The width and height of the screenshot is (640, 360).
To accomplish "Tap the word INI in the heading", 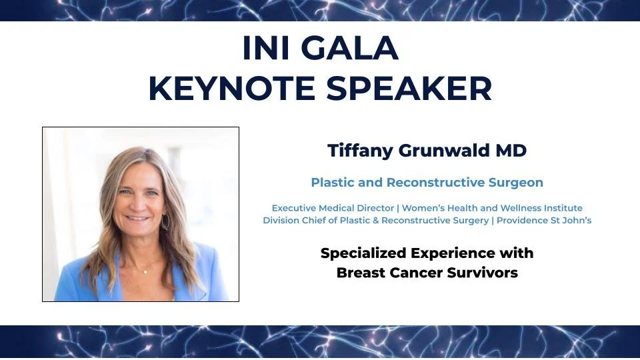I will [x=267, y=48].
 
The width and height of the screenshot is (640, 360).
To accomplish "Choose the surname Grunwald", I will [x=446, y=151].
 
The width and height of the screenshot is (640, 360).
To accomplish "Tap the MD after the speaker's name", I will [x=510, y=151].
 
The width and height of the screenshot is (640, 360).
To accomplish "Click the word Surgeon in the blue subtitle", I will [x=515, y=182].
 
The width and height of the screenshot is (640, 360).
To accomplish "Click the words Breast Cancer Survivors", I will [x=427, y=273].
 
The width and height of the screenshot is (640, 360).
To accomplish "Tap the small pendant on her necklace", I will [x=145, y=271].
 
